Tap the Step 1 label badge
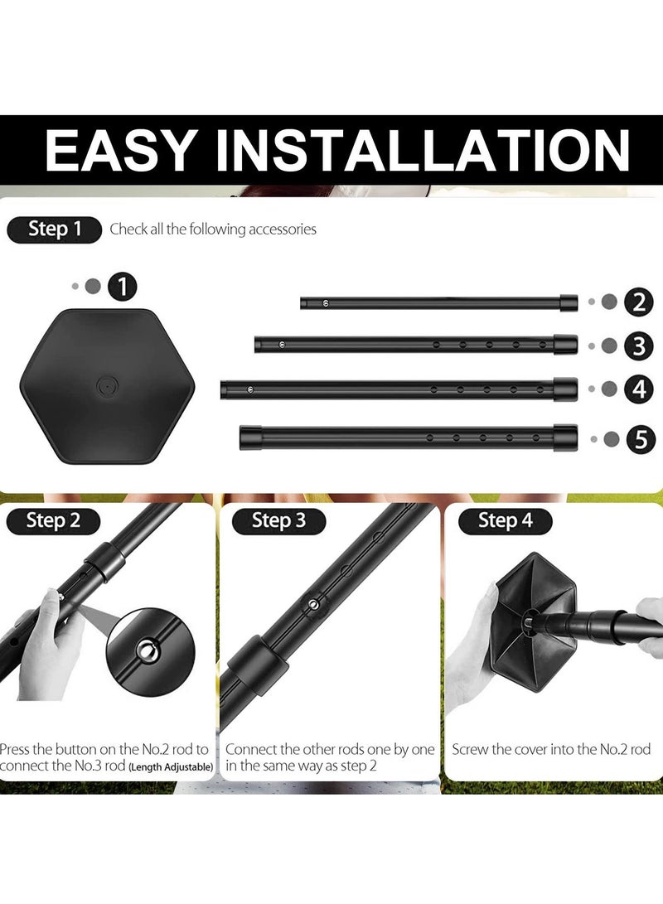(54, 230)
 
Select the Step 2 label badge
(53, 521)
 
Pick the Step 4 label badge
(505, 521)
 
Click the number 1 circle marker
(123, 288)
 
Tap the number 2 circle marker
(638, 302)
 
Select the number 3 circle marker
(638, 346)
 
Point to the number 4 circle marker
(638, 389)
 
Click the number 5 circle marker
(640, 440)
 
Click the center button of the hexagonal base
(106, 385)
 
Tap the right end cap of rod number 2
(569, 302)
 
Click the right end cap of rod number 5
(565, 437)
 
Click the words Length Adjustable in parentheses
(170, 768)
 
